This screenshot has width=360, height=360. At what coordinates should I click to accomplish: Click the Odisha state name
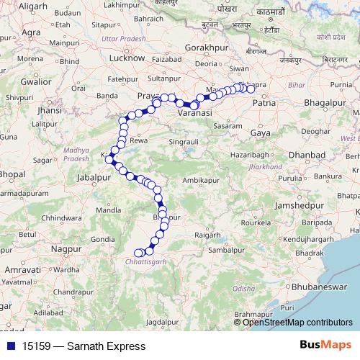[243, 287]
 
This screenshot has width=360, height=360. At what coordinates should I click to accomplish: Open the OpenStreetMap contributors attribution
[297, 322]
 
